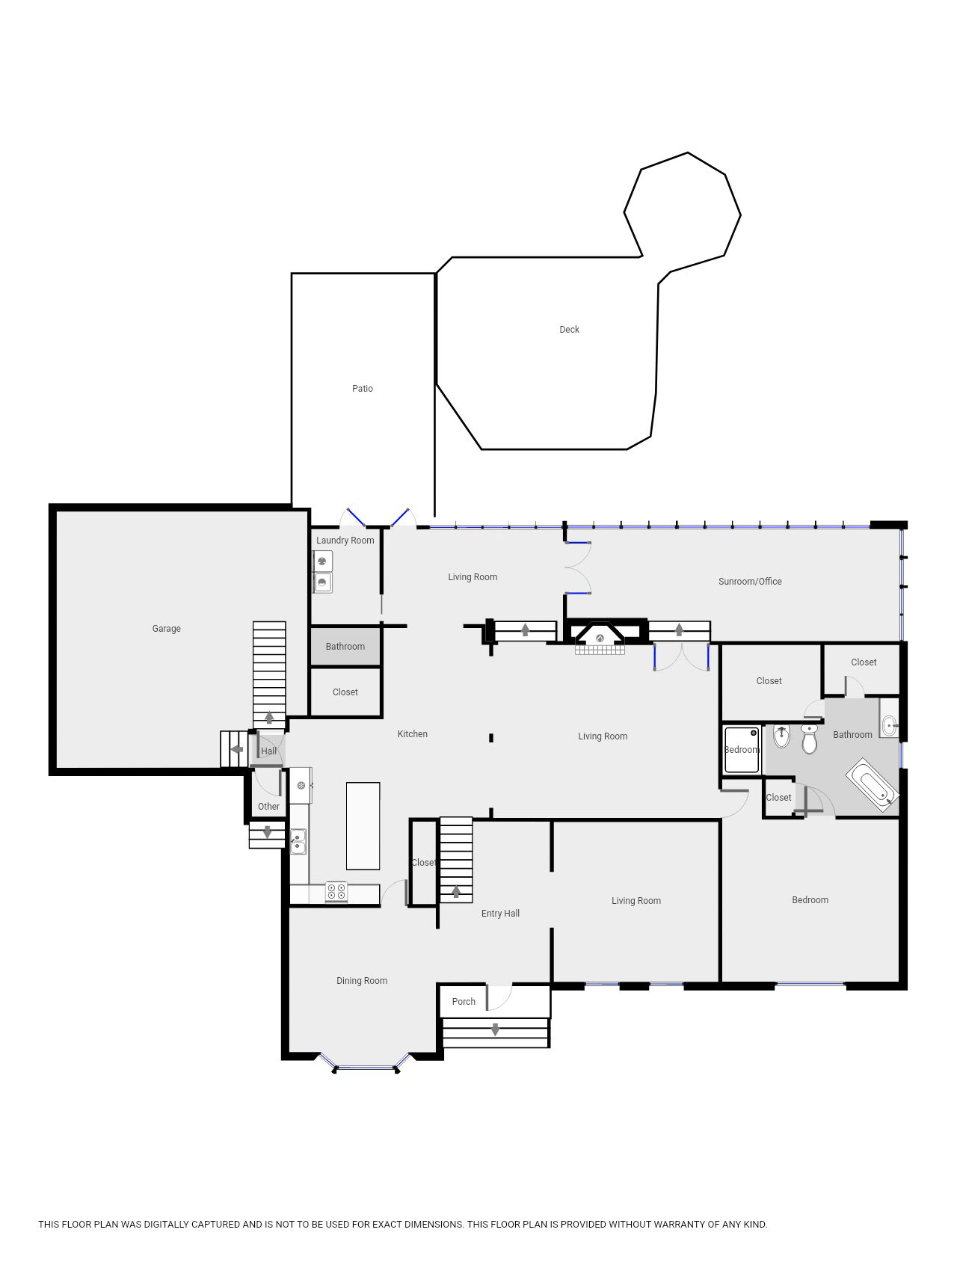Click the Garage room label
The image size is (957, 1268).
pos(166,629)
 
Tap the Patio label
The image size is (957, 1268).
pos(363,389)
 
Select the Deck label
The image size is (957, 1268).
pos(569,330)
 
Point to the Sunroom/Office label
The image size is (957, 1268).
pos(750,582)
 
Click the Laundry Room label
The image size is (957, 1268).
pos(345,541)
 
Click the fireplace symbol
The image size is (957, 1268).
pos(600,638)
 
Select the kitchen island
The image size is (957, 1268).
pos(363,826)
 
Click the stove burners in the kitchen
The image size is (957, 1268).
pos(336,892)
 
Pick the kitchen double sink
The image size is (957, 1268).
pos(298,841)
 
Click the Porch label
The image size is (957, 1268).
pos(464,1002)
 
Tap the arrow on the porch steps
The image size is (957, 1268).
pos(495,1030)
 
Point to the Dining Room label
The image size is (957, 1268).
pos(362,981)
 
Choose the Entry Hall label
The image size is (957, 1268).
pos(500,914)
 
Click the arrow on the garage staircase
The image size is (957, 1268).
pos(269,718)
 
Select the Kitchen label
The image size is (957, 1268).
pos(413,734)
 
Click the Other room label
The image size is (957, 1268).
pos(268,807)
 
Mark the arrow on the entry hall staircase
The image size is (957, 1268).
pos(456,891)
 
